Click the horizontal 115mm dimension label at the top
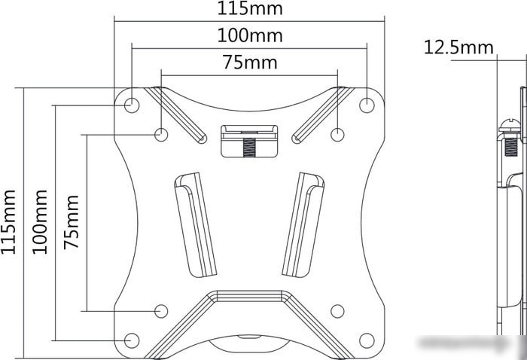pos(250,8)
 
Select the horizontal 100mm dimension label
pos(250,35)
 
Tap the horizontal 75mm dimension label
pos(250,63)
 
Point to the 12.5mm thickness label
pos(458,47)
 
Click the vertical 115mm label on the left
pos(8,222)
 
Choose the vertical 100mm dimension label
pos(40,222)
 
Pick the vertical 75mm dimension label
pos(72,222)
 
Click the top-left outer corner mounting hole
pos(132,105)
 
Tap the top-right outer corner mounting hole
pos(367,105)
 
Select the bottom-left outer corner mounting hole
pos(132,340)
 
